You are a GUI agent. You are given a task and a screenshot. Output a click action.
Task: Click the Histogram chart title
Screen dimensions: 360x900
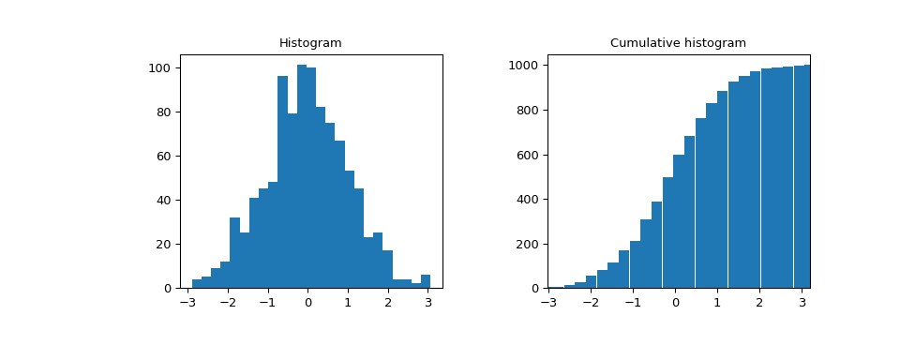tap(310, 43)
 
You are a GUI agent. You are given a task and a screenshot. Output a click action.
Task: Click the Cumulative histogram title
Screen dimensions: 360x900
tap(678, 43)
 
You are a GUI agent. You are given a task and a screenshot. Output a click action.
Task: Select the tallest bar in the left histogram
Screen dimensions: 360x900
tap(302, 178)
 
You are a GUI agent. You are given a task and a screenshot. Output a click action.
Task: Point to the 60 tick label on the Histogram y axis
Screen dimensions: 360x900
tap(162, 157)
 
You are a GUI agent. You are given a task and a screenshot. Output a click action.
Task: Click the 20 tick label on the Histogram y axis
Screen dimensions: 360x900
tap(162, 245)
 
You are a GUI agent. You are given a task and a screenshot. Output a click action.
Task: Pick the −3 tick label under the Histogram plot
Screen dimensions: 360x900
tap(187, 304)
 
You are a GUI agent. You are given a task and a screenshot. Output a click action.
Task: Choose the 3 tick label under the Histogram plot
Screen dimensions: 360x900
tap(427, 304)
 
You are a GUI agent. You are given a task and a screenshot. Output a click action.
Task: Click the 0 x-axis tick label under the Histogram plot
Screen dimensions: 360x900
tap(307, 304)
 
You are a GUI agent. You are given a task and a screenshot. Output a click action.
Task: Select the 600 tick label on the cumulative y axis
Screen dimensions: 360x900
tap(526, 156)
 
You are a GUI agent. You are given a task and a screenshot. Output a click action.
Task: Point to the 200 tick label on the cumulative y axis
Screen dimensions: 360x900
tap(526, 245)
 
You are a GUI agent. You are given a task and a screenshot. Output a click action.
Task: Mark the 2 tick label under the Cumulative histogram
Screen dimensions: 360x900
tap(759, 304)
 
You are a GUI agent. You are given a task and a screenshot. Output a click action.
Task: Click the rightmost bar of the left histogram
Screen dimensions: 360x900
tap(426, 281)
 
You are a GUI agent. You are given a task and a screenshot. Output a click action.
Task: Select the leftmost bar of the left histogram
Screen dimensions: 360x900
tap(197, 284)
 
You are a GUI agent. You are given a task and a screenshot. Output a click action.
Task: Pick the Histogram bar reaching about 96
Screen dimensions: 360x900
tap(282, 183)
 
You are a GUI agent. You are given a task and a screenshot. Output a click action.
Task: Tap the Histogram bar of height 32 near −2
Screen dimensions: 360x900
tap(234, 253)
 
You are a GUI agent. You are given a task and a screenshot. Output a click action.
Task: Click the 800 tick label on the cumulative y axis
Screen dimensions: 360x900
tap(526, 111)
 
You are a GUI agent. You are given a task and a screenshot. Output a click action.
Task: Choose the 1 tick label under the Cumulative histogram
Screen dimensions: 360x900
tap(717, 304)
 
